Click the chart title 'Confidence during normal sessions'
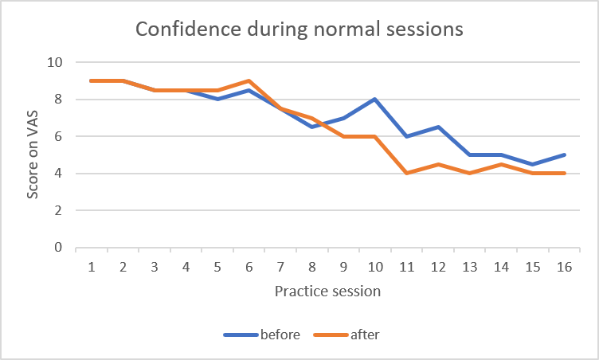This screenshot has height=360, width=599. tap(299, 30)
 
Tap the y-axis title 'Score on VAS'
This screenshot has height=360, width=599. tap(32, 154)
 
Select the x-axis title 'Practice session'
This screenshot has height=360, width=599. tap(327, 291)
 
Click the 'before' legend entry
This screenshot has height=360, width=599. tap(280, 335)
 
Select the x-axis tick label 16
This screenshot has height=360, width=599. tap(563, 268)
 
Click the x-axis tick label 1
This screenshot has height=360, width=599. tap(92, 268)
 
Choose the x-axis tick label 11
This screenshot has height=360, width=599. tap(406, 268)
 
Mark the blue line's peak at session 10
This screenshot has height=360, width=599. tap(374, 100)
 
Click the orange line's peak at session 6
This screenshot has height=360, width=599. tap(249, 80)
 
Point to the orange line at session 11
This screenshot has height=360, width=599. tap(406, 174)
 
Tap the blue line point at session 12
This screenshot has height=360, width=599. tap(437, 127)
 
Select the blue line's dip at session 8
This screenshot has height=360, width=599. tap(311, 127)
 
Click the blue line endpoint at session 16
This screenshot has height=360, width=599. tap(563, 155)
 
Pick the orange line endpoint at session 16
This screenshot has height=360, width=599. tap(563, 174)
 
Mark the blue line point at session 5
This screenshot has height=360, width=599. tap(217, 100)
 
